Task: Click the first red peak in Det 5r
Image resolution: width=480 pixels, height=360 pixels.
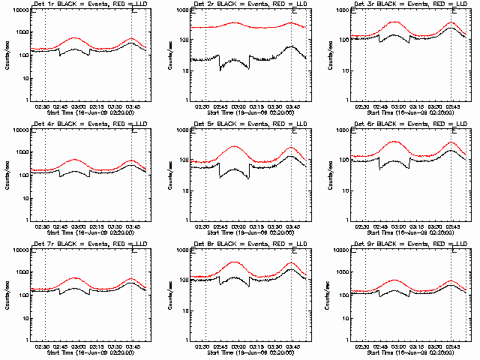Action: click(x=235, y=146)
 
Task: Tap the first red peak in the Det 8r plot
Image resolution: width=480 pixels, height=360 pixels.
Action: click(x=235, y=262)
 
